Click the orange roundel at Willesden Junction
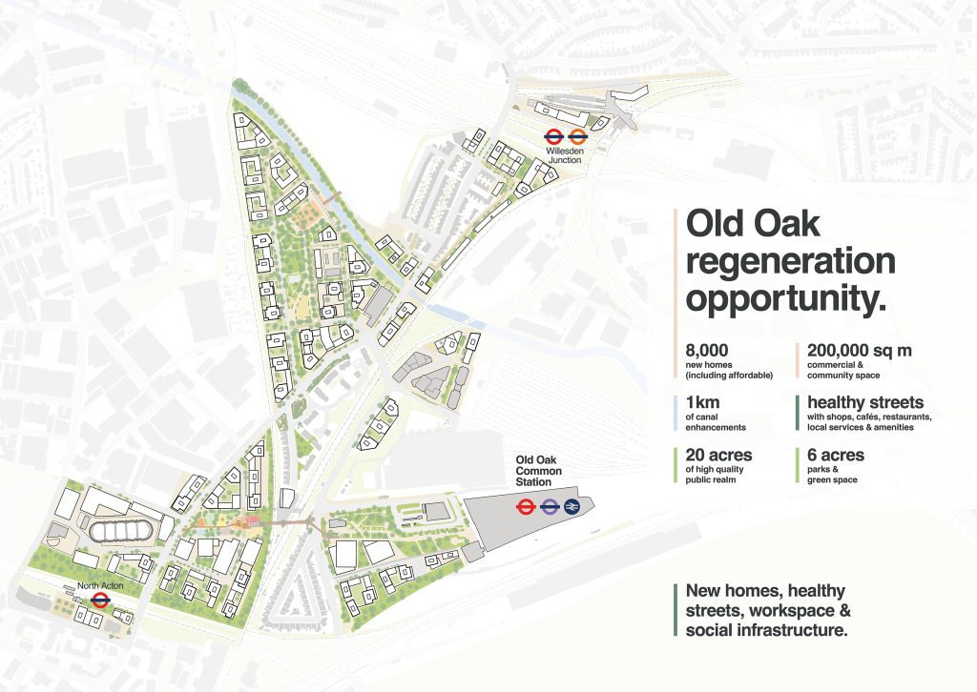click(577, 136)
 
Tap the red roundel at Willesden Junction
click(554, 136)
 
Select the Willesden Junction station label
click(565, 155)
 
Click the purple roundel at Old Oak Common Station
click(550, 507)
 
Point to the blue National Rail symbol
click(572, 507)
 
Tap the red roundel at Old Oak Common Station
click(527, 507)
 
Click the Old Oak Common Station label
click(538, 471)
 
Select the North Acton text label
click(100, 585)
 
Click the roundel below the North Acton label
click(99, 600)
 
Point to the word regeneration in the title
click(790, 261)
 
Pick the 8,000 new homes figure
click(707, 351)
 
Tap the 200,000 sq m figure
click(860, 351)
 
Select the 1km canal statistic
click(702, 402)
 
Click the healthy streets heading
click(865, 402)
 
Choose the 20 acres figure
click(718, 455)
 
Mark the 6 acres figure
click(836, 455)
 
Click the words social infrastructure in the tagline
click(766, 630)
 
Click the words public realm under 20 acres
click(710, 479)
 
